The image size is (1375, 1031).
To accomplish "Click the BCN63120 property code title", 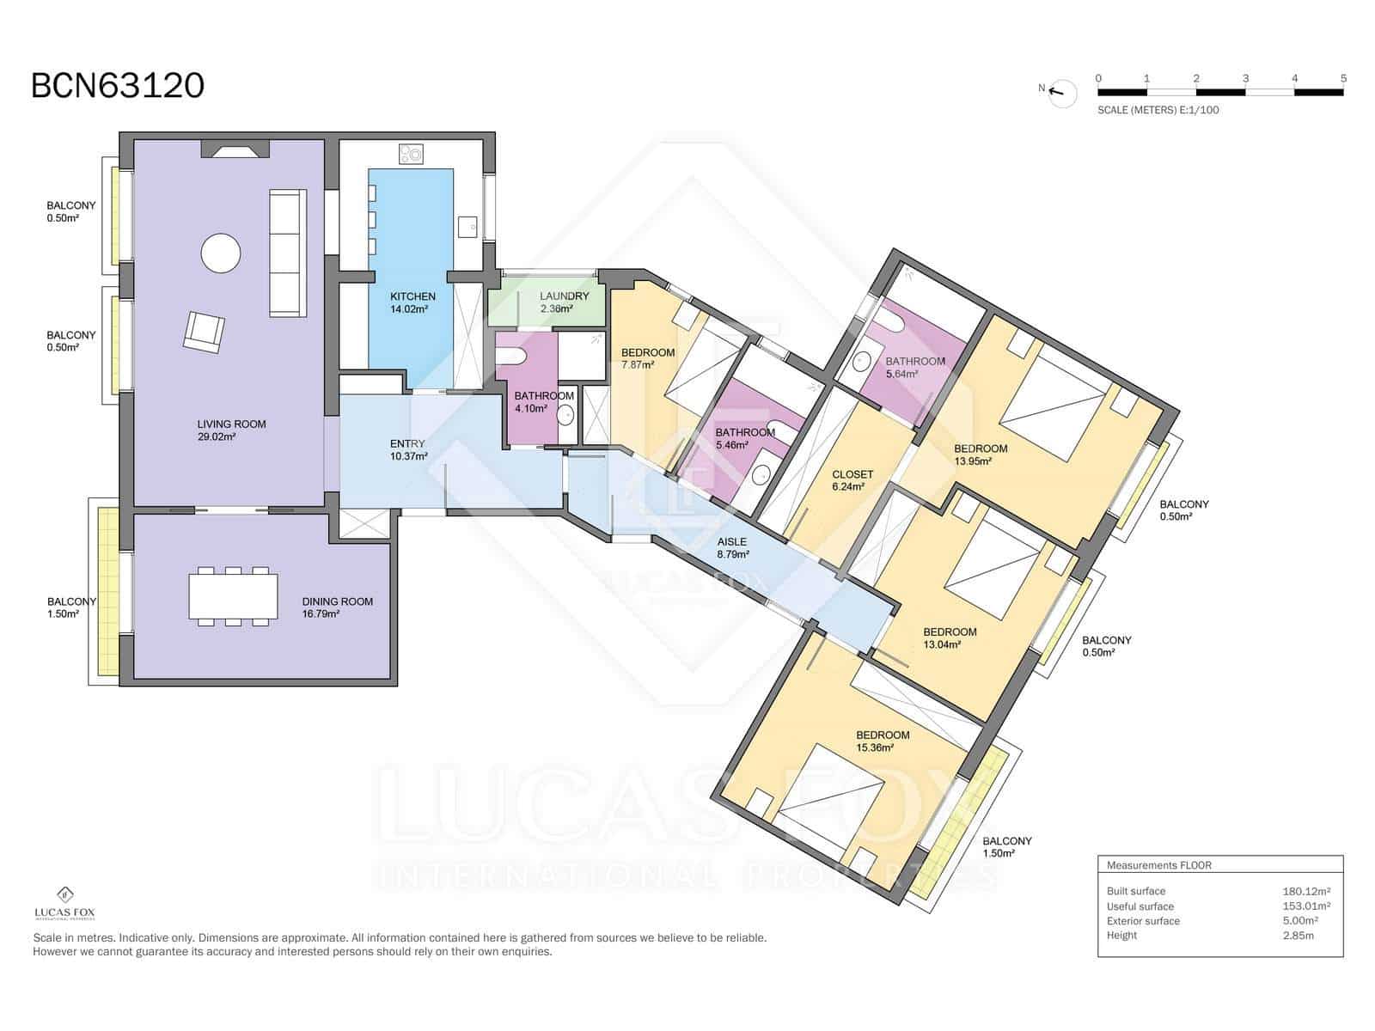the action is pos(118,86).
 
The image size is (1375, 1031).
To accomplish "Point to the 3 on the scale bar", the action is pos(1244,78).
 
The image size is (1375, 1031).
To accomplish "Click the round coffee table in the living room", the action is pos(221,253).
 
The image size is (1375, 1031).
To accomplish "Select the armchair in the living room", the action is pos(204,332).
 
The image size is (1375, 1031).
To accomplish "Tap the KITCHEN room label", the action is pos(412,296).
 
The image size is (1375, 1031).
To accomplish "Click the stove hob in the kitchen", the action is pos(411,154).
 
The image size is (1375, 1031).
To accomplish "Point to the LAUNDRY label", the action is pos(565,296).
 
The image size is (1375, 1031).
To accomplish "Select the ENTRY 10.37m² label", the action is pos(408,450).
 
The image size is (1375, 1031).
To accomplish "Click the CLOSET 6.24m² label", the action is pos(852,481).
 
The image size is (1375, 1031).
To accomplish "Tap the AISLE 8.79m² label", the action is pos(733,548).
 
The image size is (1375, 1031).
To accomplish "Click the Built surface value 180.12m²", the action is pos(1306,891).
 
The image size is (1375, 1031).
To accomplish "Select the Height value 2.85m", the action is pos(1298,936).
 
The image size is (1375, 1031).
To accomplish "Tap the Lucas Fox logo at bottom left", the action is pos(64,903).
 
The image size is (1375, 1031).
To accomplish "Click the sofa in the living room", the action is pos(288,253).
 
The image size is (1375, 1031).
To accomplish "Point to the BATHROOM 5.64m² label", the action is pos(915,368).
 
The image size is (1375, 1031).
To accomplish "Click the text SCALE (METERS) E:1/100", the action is pos(1158,110).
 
